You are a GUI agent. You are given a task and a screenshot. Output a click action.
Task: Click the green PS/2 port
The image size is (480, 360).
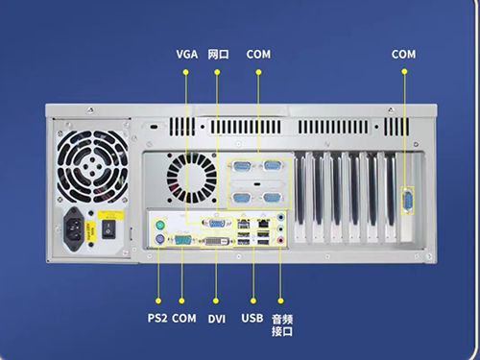pos(160,226)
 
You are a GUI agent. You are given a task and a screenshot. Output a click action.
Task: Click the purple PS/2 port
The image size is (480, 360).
pos(160,239)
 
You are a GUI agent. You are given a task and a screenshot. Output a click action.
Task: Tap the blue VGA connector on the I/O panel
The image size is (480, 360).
pos(216,224)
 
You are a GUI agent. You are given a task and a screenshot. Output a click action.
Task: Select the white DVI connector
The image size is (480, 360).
pos(217,241)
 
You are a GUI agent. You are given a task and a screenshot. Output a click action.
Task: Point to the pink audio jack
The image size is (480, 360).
pos(280,240)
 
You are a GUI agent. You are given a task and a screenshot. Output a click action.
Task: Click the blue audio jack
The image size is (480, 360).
pos(280,218)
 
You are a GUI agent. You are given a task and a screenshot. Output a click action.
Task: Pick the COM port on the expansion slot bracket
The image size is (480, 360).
pos(407,200)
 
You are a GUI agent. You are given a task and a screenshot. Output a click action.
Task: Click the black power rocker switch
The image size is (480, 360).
pos(108,229)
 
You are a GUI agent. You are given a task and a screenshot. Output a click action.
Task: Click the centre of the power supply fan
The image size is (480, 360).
pos(92,166)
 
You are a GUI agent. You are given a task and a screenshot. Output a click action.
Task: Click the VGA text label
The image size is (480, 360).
pos(187,54)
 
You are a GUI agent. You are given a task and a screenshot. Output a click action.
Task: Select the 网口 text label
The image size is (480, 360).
pos(219,54)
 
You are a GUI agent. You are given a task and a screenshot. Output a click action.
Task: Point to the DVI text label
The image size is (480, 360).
pos(217,319)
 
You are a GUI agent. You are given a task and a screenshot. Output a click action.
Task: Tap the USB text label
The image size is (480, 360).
pos(252,318)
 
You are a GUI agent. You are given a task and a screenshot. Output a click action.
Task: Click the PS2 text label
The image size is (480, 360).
pos(157,318)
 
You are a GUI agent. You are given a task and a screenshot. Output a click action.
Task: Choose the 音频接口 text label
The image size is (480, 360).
pos(282,325)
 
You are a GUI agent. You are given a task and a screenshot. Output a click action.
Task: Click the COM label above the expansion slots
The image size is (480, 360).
pos(403,54)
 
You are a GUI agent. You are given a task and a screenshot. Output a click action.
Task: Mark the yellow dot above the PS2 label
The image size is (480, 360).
pos(158,300)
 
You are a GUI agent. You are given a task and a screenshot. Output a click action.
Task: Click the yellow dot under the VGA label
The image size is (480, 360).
pos(185,72)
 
